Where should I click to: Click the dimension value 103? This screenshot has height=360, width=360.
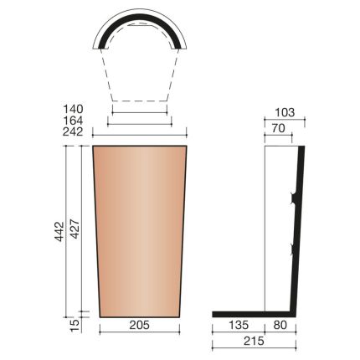tap(285, 111)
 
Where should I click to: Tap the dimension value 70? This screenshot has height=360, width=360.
tap(279, 130)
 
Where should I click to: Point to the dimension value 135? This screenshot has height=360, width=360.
tap(239, 325)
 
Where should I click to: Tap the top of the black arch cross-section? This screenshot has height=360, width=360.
tap(140, 13)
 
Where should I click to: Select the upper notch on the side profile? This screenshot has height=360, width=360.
tap(293, 199)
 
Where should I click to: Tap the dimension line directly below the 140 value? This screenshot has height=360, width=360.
tap(140, 113)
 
